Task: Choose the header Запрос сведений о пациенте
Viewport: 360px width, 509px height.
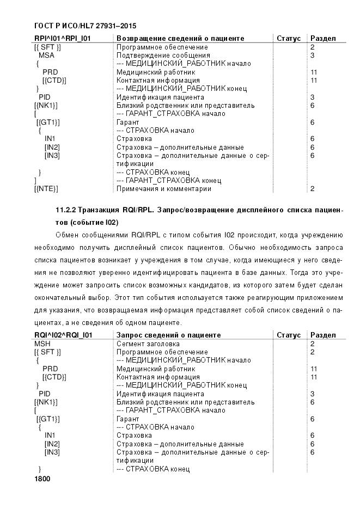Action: (x=169, y=335)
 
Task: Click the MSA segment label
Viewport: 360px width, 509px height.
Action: (x=46, y=56)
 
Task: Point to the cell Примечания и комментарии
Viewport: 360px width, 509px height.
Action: (x=164, y=189)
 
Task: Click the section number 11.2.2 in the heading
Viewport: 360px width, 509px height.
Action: (x=66, y=210)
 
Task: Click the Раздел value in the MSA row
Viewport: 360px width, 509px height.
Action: (x=313, y=56)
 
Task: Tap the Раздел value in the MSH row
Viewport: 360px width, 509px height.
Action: (x=313, y=344)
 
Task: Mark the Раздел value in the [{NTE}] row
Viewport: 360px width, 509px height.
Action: (x=313, y=189)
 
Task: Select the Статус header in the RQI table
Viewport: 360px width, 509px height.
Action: (x=289, y=335)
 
